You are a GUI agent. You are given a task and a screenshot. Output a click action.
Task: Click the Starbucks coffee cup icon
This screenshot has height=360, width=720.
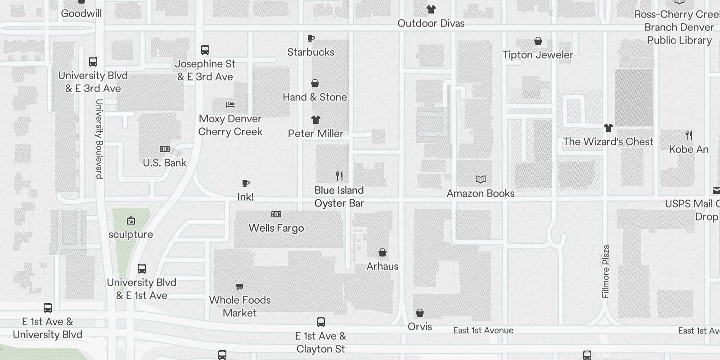[x=311, y=39]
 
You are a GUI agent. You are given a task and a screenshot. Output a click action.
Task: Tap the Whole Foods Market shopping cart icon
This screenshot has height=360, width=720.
[x=240, y=286]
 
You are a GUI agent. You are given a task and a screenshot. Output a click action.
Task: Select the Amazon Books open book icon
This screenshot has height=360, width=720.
[x=481, y=180]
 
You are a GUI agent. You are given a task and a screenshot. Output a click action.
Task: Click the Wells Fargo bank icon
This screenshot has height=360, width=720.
[x=276, y=214]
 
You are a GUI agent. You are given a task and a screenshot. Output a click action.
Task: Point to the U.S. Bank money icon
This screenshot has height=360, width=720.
[x=165, y=149]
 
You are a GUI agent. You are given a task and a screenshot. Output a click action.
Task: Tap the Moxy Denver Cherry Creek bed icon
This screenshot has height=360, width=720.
[x=230, y=105]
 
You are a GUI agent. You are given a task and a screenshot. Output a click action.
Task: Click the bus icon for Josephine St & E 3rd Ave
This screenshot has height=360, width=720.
[x=205, y=50]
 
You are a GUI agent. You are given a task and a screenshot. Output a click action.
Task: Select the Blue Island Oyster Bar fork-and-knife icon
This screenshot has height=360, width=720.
[x=339, y=176]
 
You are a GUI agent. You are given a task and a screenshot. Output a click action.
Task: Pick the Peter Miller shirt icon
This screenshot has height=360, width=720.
[x=315, y=120]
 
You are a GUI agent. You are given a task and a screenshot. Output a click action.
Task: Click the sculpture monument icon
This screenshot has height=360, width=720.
[x=131, y=220]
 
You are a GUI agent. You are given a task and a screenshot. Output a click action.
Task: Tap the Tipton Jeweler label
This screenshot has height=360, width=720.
[x=538, y=55]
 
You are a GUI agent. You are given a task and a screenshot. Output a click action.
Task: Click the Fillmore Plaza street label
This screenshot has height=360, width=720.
[x=606, y=271]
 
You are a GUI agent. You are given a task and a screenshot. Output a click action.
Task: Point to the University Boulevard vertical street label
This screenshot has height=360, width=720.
[x=99, y=139]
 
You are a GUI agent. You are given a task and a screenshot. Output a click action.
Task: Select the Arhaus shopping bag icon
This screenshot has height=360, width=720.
[x=382, y=252]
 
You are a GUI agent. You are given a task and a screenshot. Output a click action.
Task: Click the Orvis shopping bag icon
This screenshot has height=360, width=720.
[x=420, y=313]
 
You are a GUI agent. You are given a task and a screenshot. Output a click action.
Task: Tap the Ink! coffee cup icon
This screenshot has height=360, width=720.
[x=246, y=183]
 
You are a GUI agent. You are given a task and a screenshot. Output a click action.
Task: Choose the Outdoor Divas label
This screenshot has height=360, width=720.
[x=431, y=23]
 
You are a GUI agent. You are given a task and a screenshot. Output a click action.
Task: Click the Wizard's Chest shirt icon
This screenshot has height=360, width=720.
[x=608, y=128]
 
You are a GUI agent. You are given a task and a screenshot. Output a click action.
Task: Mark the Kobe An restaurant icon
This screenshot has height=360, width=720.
[x=689, y=135]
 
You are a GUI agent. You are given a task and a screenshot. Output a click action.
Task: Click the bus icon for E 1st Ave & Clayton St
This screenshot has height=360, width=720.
[x=321, y=322]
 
